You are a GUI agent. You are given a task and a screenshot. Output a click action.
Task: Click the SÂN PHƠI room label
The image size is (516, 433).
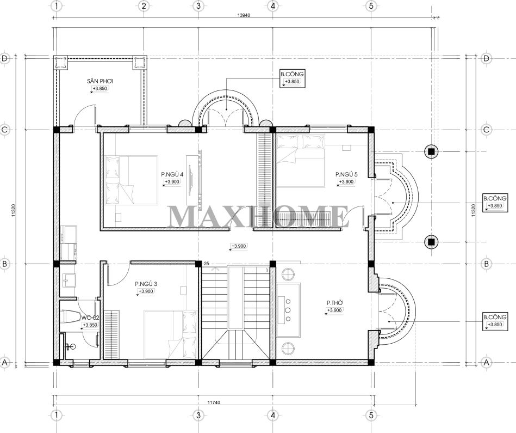pyautogui.click(x=100, y=81)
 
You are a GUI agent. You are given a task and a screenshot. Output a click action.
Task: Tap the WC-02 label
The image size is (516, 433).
pyautogui.click(x=90, y=318)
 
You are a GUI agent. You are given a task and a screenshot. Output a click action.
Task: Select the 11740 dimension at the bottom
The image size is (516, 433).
pyautogui.click(x=214, y=402)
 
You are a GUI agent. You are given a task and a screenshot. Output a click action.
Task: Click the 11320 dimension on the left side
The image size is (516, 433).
pyautogui.click(x=14, y=210)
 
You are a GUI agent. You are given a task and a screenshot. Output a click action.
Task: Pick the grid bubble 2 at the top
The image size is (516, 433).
pyautogui.click(x=144, y=6)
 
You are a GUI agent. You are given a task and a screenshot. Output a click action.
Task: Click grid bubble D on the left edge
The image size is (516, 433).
pyautogui.click(x=4, y=59)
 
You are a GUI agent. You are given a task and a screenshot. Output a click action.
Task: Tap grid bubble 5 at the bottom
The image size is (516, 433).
pyautogui.click(x=371, y=416)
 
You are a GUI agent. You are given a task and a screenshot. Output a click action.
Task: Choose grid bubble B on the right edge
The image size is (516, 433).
pyautogui.click(x=487, y=264)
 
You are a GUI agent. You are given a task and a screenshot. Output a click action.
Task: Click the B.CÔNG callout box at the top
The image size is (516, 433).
pyautogui.click(x=292, y=78)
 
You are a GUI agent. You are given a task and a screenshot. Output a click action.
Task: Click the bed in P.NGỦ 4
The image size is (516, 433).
pyautogui.click(x=131, y=180)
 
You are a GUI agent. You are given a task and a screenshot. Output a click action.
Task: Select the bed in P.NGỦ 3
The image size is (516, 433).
pyautogui.click(x=170, y=334)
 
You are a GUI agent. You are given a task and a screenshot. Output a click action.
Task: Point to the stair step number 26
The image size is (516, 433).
pyautogui.click(x=206, y=263)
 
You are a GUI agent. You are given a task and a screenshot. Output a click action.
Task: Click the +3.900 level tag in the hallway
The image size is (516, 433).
pyautogui.click(x=239, y=246)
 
